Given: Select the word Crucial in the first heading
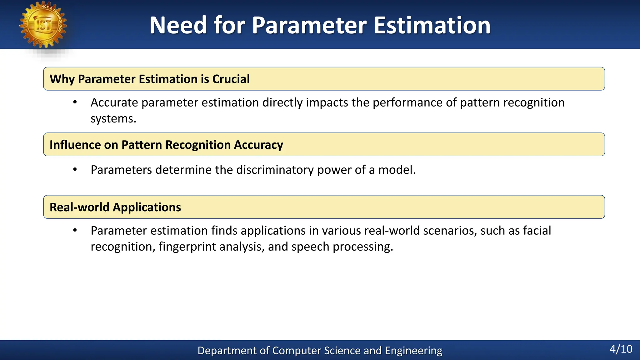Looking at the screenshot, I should [231, 79].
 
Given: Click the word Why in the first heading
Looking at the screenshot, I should [62, 79].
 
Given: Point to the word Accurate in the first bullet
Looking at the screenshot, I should [114, 102].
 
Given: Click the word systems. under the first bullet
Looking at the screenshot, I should [113, 119].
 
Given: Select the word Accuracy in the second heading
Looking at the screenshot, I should [258, 145].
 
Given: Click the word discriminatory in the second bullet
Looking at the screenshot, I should [275, 170].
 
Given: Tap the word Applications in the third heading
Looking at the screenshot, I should [147, 207].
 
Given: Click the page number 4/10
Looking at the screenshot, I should [621, 349].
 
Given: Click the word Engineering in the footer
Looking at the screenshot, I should [413, 351].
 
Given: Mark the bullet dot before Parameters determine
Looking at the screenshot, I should [75, 170].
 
